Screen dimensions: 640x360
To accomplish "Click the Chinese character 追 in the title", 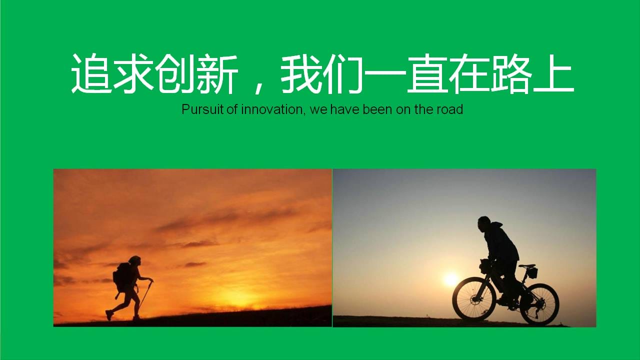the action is click(x=91, y=73).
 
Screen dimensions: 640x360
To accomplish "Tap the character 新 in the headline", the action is click(x=218, y=73).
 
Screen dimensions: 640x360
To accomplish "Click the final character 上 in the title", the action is click(x=553, y=73).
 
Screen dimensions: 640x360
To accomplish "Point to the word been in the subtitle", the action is click(x=377, y=109).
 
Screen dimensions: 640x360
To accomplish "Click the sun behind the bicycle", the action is click(x=450, y=279).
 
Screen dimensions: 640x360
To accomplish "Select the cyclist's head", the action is click(x=484, y=223).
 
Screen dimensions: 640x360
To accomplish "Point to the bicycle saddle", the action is click(x=527, y=266).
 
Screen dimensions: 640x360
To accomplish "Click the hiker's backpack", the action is click(x=122, y=277).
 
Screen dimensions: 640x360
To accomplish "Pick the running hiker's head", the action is click(x=135, y=260).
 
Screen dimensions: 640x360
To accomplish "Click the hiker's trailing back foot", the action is click(x=109, y=315).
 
